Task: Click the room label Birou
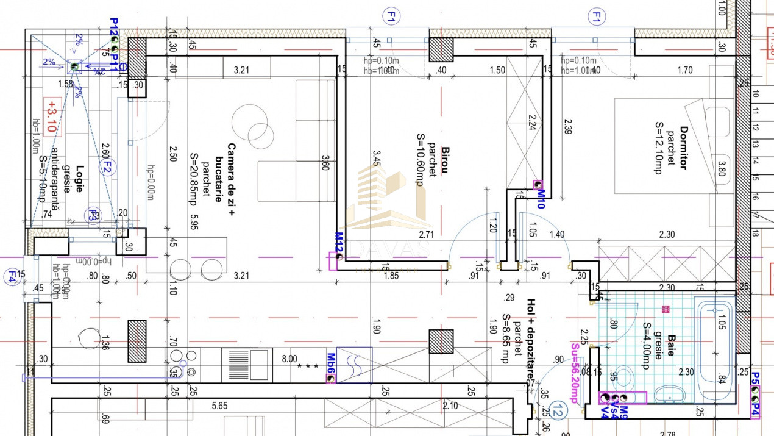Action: pyautogui.click(x=445, y=160)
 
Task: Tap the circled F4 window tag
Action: pyautogui.click(x=11, y=277)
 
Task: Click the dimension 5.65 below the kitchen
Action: pyautogui.click(x=219, y=406)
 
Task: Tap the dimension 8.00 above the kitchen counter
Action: pyautogui.click(x=289, y=359)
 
